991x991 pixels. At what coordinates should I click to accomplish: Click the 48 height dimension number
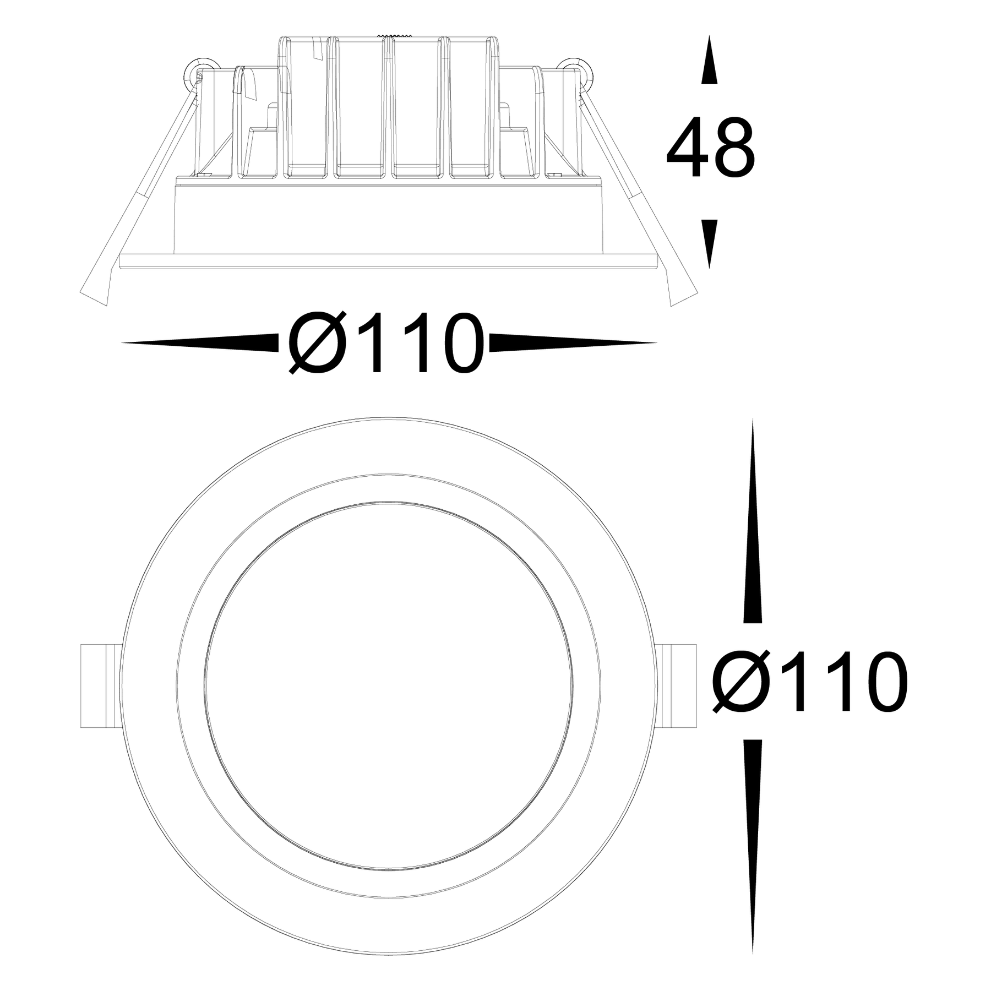pos(710,148)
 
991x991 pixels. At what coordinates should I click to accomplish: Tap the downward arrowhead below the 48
pos(710,242)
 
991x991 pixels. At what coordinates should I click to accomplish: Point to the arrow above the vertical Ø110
pos(753,523)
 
